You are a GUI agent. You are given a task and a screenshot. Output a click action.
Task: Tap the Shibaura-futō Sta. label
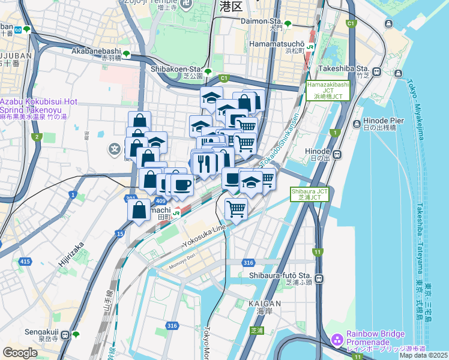280,275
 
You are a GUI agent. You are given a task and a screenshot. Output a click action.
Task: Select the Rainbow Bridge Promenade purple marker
337,340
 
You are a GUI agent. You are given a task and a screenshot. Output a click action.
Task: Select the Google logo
20,352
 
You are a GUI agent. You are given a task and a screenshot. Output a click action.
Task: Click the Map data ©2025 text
423,355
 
